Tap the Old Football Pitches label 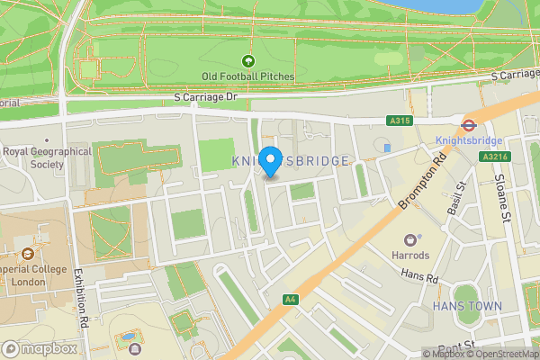248,77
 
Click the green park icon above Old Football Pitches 248,61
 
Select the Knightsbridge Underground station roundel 468,125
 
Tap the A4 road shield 289,299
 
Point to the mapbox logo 40,348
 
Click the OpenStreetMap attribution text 500,354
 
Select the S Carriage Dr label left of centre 204,96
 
